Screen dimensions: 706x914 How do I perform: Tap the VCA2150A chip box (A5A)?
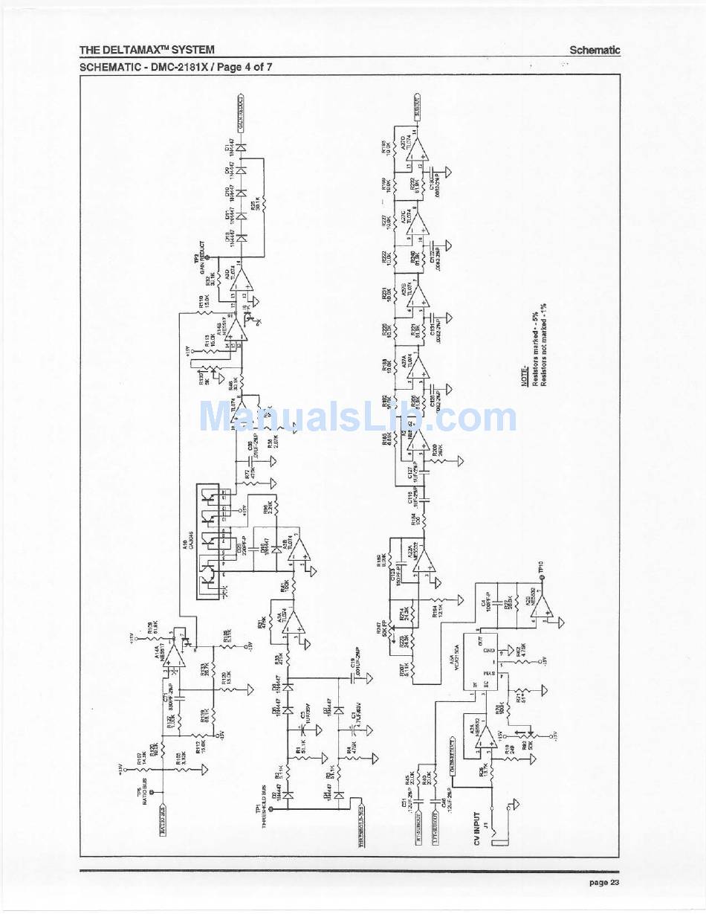481,661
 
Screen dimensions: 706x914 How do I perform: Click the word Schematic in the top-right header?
595,51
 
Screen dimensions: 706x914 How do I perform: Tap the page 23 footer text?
603,883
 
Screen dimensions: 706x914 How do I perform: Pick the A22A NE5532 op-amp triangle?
424,561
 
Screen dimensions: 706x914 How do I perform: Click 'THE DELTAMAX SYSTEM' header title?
147,50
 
